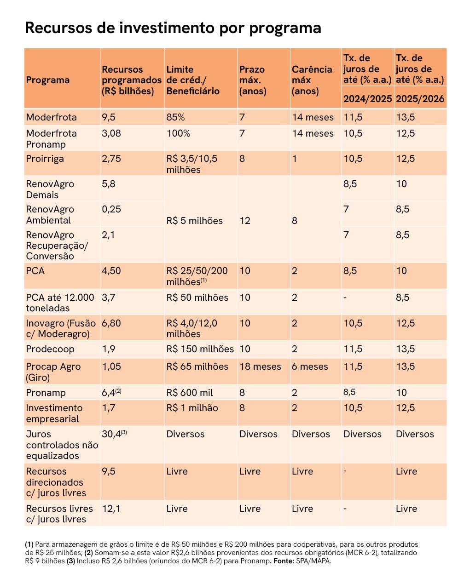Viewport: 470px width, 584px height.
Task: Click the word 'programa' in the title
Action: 285,28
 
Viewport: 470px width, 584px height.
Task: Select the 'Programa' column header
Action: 48,80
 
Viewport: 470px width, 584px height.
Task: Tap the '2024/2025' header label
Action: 368,99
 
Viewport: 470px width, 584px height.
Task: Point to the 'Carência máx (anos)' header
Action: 312,80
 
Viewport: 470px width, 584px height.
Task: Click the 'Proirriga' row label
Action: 45,159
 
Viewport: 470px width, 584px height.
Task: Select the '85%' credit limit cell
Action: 175,118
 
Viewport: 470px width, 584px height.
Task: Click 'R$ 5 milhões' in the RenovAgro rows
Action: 195,221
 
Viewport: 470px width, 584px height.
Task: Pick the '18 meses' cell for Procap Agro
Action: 260,366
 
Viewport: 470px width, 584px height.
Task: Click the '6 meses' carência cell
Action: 310,366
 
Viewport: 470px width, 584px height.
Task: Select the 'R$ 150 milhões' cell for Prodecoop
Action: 200,349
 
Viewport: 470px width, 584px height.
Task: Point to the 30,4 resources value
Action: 114,434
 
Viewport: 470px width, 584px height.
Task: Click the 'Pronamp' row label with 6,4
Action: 46,393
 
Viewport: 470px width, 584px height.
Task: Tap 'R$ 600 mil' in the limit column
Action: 190,393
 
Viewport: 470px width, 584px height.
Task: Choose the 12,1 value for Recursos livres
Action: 111,509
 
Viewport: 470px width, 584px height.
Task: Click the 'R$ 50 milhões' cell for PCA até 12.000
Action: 197,298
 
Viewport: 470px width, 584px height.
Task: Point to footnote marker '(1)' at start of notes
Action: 29,544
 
